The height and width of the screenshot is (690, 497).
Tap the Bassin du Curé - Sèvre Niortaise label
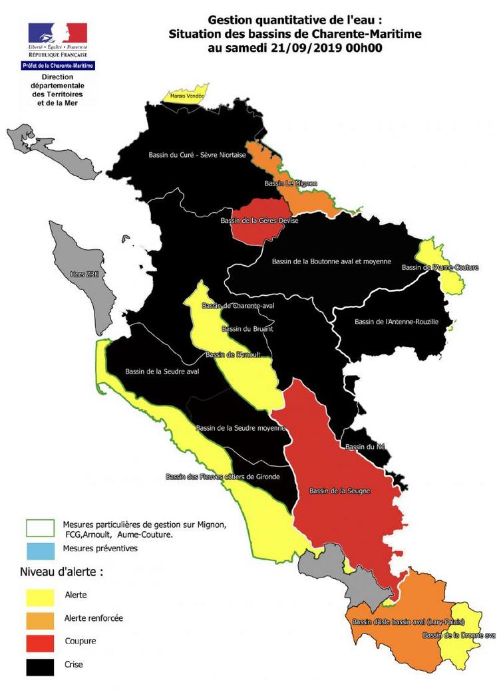[x=197, y=156]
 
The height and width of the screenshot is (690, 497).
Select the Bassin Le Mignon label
[x=291, y=183]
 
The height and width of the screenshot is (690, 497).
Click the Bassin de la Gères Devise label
[x=259, y=220]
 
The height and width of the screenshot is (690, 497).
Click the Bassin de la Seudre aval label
[x=162, y=371]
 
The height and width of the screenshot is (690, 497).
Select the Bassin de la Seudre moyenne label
[x=241, y=427]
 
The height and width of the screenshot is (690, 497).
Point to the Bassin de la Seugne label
[x=339, y=491]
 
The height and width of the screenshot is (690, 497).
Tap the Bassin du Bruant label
[x=248, y=328]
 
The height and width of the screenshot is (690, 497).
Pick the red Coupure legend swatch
[x=40, y=642]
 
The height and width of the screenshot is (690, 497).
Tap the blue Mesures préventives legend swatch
[x=40, y=550]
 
